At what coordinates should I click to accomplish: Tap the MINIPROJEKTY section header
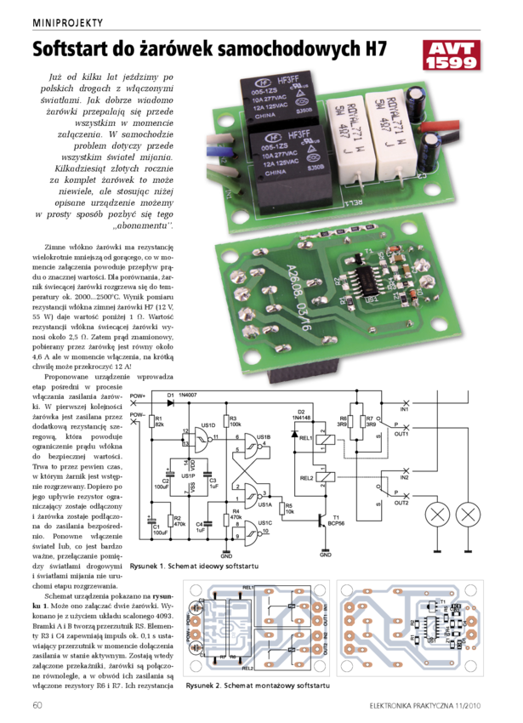coord(67,22)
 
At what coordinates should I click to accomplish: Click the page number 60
coord(37,705)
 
